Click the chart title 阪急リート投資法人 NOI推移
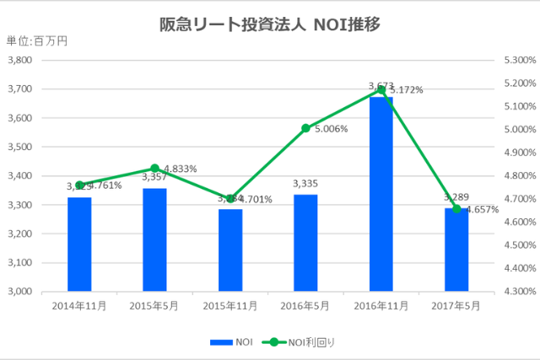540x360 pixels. tap(270, 24)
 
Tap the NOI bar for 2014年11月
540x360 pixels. tap(79, 244)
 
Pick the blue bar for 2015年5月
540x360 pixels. tap(154, 240)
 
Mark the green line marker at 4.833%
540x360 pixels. tap(154, 169)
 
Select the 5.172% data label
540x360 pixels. tap(406, 89)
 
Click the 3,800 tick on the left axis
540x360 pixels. tap(19, 60)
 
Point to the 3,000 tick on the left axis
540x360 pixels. tap(19, 292)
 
